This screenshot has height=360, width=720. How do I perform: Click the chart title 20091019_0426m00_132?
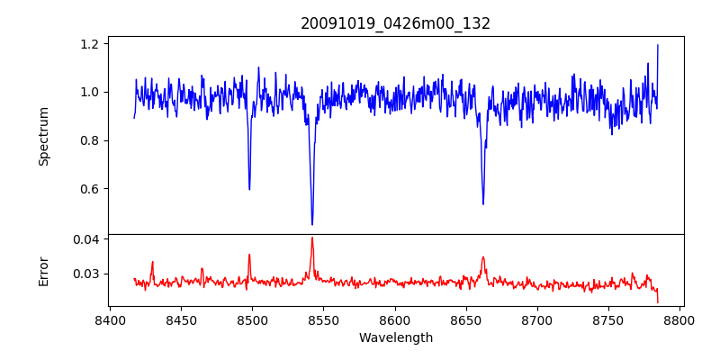(395, 23)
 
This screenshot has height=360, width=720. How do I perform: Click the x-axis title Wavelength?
(395, 337)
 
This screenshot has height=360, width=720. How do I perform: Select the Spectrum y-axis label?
(43, 136)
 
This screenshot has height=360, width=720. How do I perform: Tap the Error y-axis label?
(43, 270)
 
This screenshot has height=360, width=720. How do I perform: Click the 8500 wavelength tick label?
(252, 319)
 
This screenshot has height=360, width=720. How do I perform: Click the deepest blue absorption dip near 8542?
(312, 224)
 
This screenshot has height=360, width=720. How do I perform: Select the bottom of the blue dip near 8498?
(249, 189)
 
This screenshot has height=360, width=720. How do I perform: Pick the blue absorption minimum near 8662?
(483, 203)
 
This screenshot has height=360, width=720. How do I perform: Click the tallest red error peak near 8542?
(311, 238)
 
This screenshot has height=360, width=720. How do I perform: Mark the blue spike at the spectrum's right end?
(658, 45)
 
